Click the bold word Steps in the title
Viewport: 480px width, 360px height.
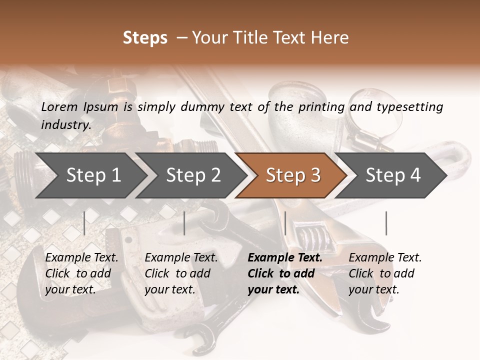(145, 38)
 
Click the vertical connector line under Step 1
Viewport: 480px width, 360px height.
(84, 223)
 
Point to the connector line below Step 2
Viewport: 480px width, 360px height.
(184, 223)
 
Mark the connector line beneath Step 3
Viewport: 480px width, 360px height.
(285, 223)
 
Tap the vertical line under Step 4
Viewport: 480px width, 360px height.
(386, 223)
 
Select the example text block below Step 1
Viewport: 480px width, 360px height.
(81, 273)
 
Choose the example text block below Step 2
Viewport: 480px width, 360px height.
(181, 273)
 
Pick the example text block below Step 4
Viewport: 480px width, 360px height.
(385, 273)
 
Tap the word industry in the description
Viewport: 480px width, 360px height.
(65, 124)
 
